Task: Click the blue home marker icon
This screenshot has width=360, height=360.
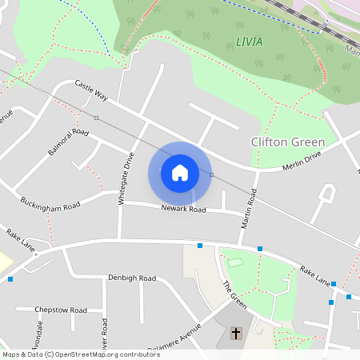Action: pyautogui.click(x=180, y=173)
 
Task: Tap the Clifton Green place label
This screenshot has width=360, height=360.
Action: pyautogui.click(x=288, y=142)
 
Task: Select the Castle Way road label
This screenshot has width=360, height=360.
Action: pyautogui.click(x=90, y=90)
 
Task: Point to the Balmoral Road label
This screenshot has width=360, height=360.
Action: pyautogui.click(x=67, y=141)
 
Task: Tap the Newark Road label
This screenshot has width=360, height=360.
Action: pyautogui.click(x=183, y=210)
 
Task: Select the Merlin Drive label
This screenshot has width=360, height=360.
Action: pyautogui.click(x=302, y=161)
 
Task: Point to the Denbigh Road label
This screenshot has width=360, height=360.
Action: pyautogui.click(x=131, y=278)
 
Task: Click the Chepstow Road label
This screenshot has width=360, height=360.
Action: pyautogui.click(x=62, y=310)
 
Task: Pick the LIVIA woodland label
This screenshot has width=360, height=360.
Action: pyautogui.click(x=249, y=41)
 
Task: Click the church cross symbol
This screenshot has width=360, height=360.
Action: pyautogui.click(x=236, y=333)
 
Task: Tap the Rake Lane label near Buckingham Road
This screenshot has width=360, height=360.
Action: pyautogui.click(x=22, y=240)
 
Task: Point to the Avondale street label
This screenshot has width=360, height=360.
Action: pyautogui.click(x=38, y=336)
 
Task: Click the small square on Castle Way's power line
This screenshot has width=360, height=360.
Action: pyautogui.click(x=96, y=118)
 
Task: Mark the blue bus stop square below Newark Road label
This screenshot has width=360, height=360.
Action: pyautogui.click(x=200, y=245)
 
